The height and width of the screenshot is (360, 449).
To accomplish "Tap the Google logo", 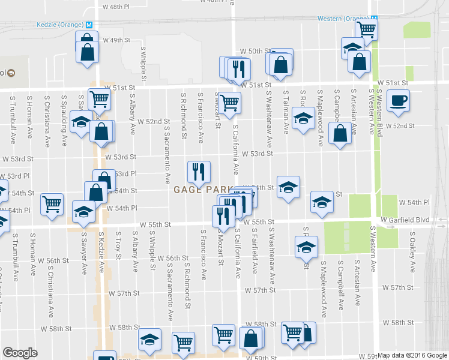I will [20, 353].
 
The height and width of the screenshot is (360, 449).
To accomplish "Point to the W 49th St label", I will [117, 40].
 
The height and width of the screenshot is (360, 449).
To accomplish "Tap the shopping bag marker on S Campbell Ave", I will [340, 135].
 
